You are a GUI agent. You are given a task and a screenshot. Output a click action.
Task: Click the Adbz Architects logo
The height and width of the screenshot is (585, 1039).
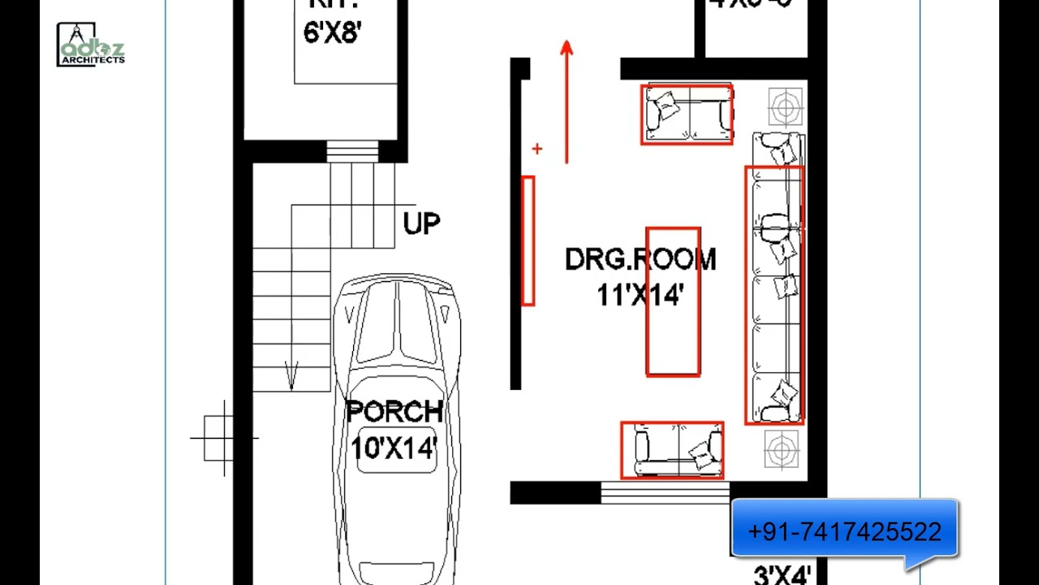(x=90, y=45)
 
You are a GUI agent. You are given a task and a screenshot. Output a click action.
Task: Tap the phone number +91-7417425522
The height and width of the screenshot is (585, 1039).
(x=844, y=532)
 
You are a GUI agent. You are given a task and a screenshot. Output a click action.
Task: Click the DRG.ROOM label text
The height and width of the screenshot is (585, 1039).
(x=640, y=260)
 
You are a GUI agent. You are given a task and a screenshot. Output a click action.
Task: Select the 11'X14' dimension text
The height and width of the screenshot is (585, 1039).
(x=640, y=295)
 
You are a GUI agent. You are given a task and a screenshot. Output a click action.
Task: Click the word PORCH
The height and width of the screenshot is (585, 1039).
(x=394, y=412)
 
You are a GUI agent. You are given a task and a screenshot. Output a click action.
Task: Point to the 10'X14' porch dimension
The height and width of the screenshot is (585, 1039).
(x=394, y=448)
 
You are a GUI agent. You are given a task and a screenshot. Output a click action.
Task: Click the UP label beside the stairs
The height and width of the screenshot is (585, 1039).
(x=421, y=223)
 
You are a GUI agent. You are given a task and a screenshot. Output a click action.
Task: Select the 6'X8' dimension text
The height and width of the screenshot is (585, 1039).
(x=332, y=32)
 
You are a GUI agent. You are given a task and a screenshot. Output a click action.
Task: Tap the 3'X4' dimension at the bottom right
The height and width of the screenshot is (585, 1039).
(x=782, y=575)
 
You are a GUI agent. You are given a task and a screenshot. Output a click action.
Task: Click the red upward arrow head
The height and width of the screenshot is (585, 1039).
(x=567, y=49)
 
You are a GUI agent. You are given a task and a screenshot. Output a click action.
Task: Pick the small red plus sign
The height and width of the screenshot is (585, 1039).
(x=537, y=149)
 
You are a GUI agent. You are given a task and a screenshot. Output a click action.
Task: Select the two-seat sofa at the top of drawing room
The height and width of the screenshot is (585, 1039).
(x=687, y=115)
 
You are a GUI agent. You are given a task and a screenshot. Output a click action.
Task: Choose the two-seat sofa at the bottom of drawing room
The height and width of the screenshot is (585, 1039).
(x=672, y=449)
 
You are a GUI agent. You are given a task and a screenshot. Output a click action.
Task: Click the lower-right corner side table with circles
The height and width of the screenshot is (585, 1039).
(x=782, y=449)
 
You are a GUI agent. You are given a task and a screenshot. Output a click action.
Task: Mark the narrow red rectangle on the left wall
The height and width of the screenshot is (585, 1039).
(x=528, y=241)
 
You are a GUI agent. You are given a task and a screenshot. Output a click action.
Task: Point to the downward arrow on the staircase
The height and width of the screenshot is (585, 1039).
(x=291, y=375)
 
